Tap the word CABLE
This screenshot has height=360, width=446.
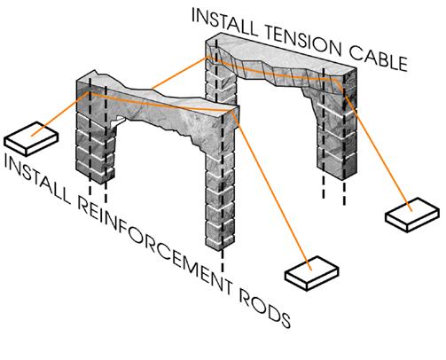click(x=379, y=60)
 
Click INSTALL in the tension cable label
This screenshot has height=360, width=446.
click(x=223, y=21)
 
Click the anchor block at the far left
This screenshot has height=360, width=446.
click(x=31, y=138)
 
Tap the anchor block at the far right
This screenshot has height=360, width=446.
click(x=412, y=215)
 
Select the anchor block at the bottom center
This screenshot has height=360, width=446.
click(x=311, y=273)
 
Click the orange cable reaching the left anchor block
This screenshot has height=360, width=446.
click(x=59, y=113)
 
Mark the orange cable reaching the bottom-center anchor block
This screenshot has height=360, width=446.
click(x=272, y=190)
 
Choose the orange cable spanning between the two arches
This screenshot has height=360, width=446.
click(x=180, y=73)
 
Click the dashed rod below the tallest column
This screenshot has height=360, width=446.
click(x=223, y=262)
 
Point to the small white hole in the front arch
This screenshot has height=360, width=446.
click(x=120, y=120)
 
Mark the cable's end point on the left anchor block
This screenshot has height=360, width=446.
click(x=32, y=136)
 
